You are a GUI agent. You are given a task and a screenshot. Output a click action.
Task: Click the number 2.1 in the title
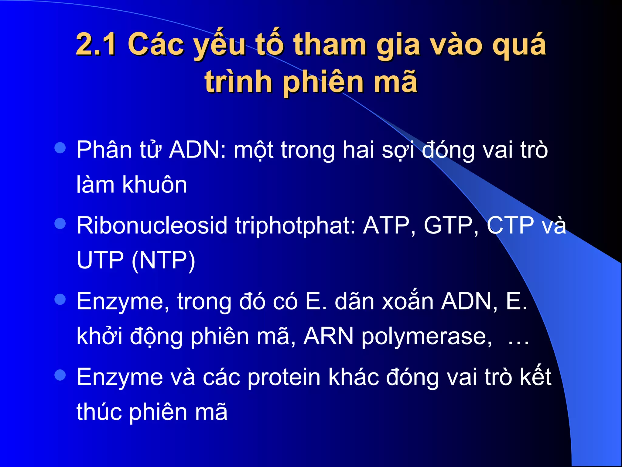(96, 45)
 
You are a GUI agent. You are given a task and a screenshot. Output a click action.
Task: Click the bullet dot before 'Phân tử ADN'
(60, 148)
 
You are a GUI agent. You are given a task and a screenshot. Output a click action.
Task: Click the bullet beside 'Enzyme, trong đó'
(60, 299)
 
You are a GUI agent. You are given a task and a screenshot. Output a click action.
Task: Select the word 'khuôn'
(155, 185)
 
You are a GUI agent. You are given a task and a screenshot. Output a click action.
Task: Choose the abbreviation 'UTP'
(100, 260)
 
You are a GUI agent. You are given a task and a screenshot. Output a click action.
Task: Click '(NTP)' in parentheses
(163, 261)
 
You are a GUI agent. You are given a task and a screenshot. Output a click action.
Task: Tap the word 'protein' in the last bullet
(284, 377)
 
